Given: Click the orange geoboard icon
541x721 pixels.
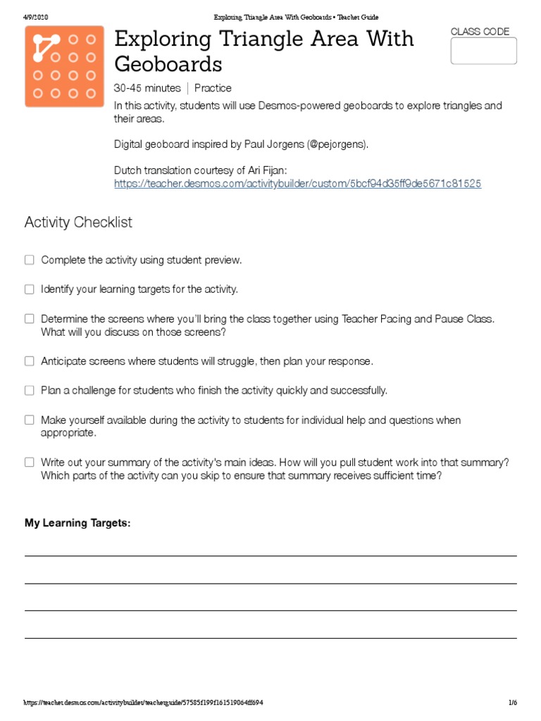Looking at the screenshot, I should [64, 66].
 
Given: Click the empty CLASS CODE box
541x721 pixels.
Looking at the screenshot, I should [483, 51].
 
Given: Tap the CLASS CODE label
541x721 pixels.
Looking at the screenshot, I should [480, 32].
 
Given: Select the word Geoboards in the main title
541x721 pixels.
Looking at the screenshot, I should [168, 65].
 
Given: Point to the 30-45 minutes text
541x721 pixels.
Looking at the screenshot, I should [147, 89].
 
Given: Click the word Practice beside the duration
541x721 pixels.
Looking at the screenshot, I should [213, 89].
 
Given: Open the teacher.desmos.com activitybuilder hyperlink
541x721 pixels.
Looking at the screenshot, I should [297, 183].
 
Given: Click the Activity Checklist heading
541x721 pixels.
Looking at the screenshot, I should [78, 222].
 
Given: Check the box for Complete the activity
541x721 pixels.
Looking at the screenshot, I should [30, 260].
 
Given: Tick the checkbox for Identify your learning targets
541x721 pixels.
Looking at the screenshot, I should [30, 289].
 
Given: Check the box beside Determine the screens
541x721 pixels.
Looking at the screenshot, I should [30, 319].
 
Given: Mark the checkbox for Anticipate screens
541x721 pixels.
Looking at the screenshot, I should [30, 361].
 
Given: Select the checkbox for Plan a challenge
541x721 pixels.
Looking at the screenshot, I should [30, 390].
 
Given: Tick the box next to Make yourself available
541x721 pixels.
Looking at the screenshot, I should [30, 420].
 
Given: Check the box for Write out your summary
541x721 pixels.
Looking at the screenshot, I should [30, 463].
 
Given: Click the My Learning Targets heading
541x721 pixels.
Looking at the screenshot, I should [77, 523].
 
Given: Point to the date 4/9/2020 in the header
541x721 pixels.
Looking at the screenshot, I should [36, 17].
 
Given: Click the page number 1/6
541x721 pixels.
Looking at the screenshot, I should [512, 703].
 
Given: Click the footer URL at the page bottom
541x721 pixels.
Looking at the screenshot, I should [144, 703].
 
